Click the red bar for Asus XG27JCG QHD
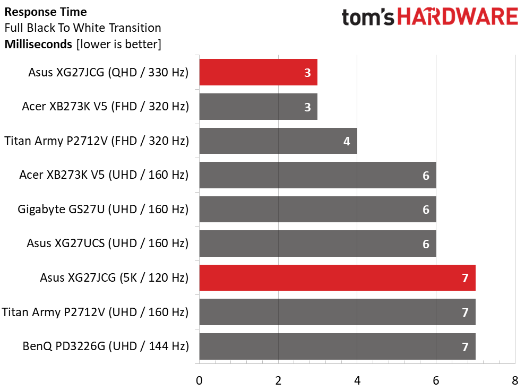258,73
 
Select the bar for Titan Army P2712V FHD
278,141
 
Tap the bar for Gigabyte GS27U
317,209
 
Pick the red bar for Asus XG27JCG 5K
337,277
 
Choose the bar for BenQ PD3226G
337,346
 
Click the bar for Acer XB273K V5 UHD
317,175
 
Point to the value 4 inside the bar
347,142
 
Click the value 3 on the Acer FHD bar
307,107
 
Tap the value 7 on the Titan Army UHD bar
465,312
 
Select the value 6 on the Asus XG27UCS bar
426,244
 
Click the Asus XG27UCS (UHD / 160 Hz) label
108,244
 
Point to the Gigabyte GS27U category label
103,209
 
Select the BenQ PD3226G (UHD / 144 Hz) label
106,346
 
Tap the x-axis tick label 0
199,380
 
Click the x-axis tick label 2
278,380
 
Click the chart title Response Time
46,12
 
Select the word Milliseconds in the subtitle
38,44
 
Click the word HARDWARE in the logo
458,17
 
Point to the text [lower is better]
118,44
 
